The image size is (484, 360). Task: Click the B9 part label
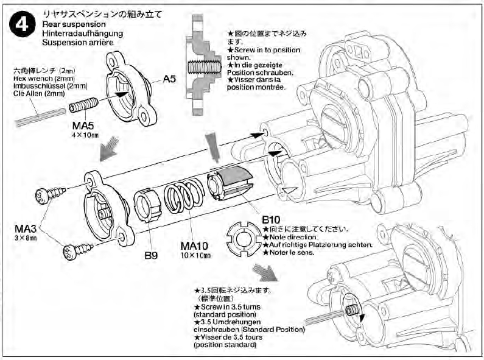coord(151,255)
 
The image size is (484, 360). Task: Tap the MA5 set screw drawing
coord(82,107)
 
